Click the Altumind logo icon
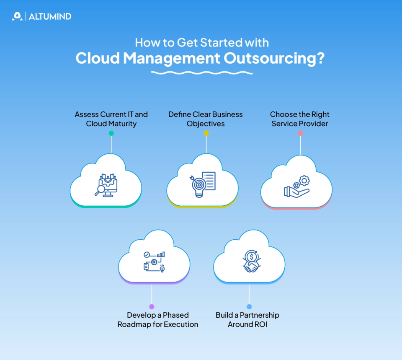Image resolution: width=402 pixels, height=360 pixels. point(17,16)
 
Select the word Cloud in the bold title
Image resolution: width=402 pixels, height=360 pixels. point(98,58)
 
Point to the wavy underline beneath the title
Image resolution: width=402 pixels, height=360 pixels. point(201,73)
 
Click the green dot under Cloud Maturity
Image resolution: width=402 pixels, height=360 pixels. point(111,133)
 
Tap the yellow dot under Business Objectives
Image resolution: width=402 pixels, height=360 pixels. point(206,133)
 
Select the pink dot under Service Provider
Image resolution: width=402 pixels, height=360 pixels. point(300,133)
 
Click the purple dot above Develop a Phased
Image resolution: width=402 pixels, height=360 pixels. point(152,307)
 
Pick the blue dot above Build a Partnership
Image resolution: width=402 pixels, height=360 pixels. point(249,307)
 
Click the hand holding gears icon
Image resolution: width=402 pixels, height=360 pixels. point(297,186)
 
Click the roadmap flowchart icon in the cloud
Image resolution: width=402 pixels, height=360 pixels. point(154,262)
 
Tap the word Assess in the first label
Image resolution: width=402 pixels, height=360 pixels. point(87,114)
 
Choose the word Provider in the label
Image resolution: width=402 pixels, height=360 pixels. point(314,124)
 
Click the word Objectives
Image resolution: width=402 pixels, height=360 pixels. point(206,124)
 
